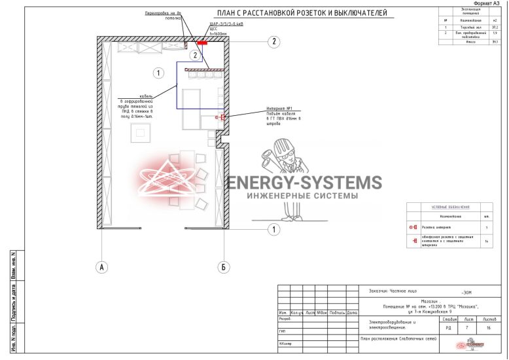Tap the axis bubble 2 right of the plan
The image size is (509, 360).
click(275, 41)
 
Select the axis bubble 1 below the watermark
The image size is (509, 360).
click(275, 229)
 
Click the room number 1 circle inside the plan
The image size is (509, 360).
click(157, 73)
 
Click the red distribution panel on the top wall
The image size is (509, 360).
click(202, 43)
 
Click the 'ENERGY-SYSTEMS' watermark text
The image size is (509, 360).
click(304, 183)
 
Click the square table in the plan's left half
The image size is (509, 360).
click(141, 133)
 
